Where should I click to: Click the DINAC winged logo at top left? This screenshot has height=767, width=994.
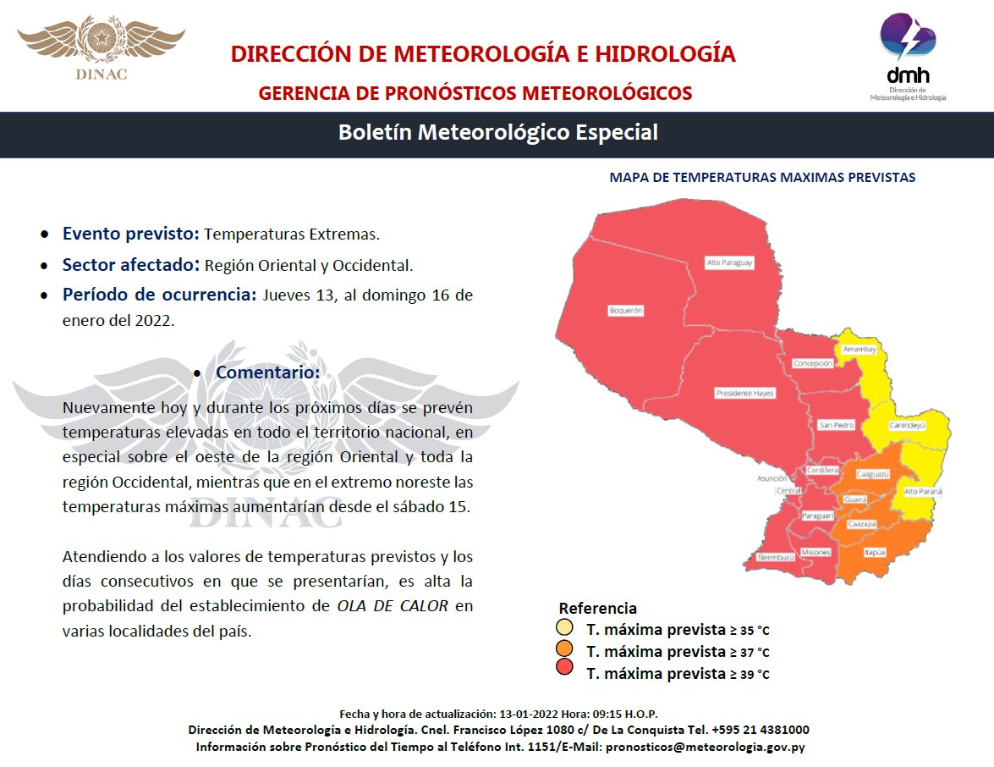[x=102, y=47]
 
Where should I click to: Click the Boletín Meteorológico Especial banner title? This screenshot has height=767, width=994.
[x=497, y=133]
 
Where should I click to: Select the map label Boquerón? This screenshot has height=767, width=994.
[x=626, y=311]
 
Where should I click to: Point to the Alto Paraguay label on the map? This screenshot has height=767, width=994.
[x=729, y=263]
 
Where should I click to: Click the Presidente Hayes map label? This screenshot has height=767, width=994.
[x=744, y=393]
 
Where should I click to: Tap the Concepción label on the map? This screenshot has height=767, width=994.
[x=813, y=363]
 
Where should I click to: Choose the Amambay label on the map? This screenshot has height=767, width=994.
[x=859, y=349]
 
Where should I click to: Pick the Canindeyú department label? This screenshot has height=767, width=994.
[x=907, y=426]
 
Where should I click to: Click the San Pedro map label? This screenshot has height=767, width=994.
[x=836, y=425]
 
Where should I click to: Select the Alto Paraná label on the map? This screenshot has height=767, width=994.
[x=923, y=492]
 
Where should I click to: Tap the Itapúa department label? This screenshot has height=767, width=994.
[x=875, y=551]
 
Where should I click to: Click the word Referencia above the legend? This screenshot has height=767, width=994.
[x=597, y=609]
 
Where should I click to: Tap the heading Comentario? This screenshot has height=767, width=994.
[x=268, y=372]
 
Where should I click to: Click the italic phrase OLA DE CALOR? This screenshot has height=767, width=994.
[x=393, y=606]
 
